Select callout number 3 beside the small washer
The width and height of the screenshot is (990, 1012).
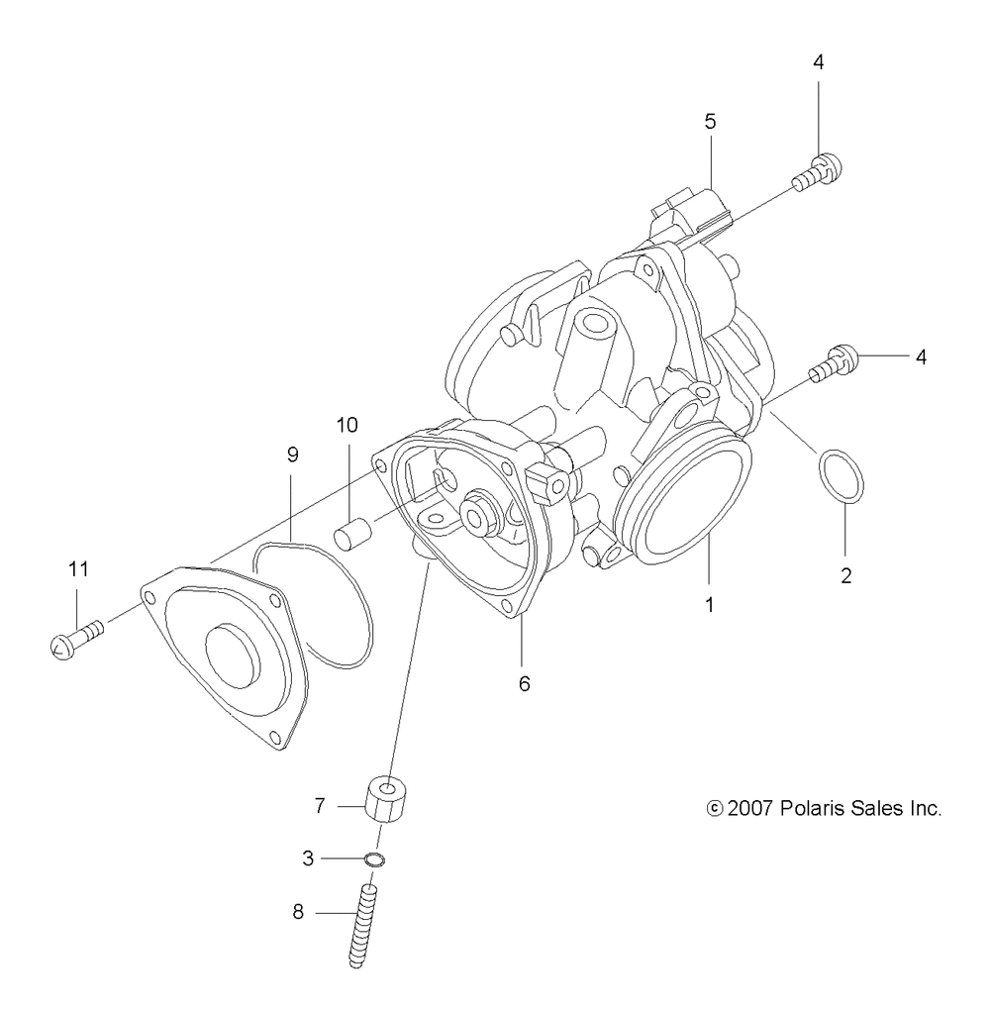click(309, 859)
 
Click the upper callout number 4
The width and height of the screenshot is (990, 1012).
click(818, 61)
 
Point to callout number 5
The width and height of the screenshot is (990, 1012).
click(710, 122)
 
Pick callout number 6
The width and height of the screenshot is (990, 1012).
click(524, 682)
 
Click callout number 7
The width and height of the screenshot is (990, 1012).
click(320, 806)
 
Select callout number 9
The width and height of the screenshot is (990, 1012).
click(292, 455)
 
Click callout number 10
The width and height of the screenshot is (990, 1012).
click(346, 426)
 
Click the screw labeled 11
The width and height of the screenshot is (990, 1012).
click(74, 637)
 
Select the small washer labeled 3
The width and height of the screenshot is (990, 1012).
click(374, 859)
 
